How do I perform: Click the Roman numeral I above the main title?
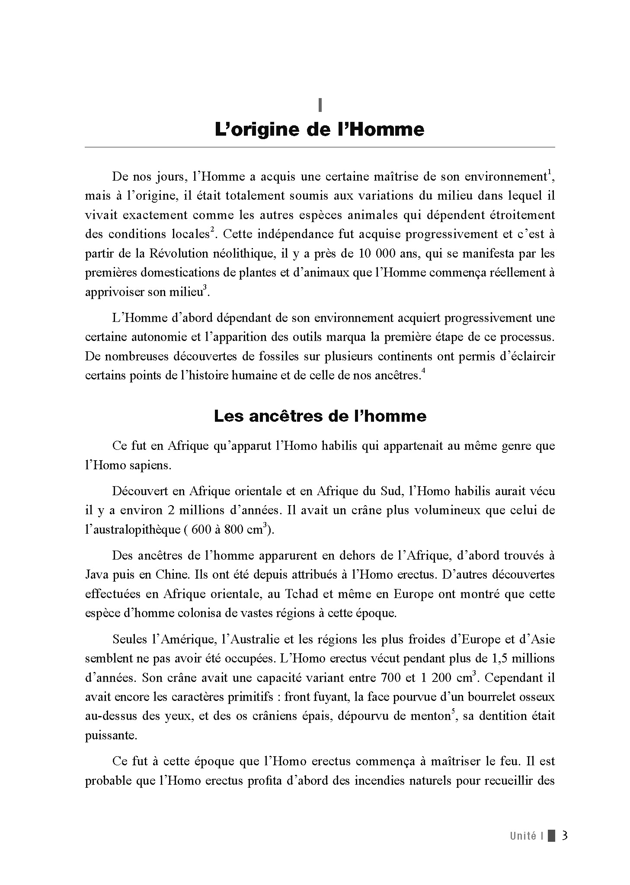pyautogui.click(x=320, y=105)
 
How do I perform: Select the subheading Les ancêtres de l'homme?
pyautogui.click(x=320, y=416)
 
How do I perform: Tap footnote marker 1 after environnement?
pyautogui.click(x=549, y=174)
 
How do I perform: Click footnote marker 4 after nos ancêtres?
pyautogui.click(x=423, y=372)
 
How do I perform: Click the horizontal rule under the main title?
pyautogui.click(x=320, y=147)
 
